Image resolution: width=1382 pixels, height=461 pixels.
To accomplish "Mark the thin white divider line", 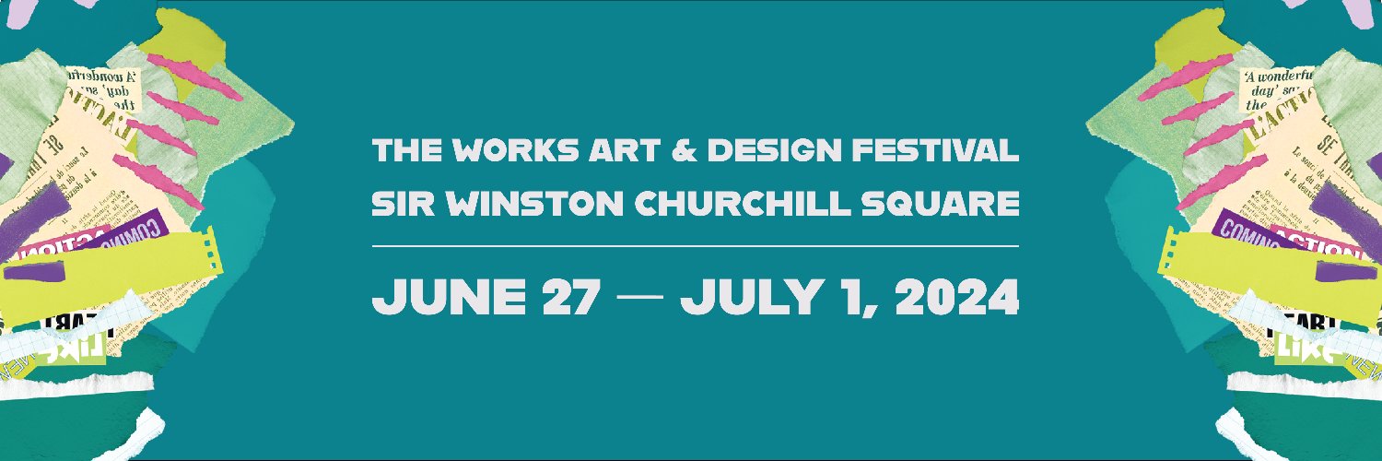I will (x=696, y=246).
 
